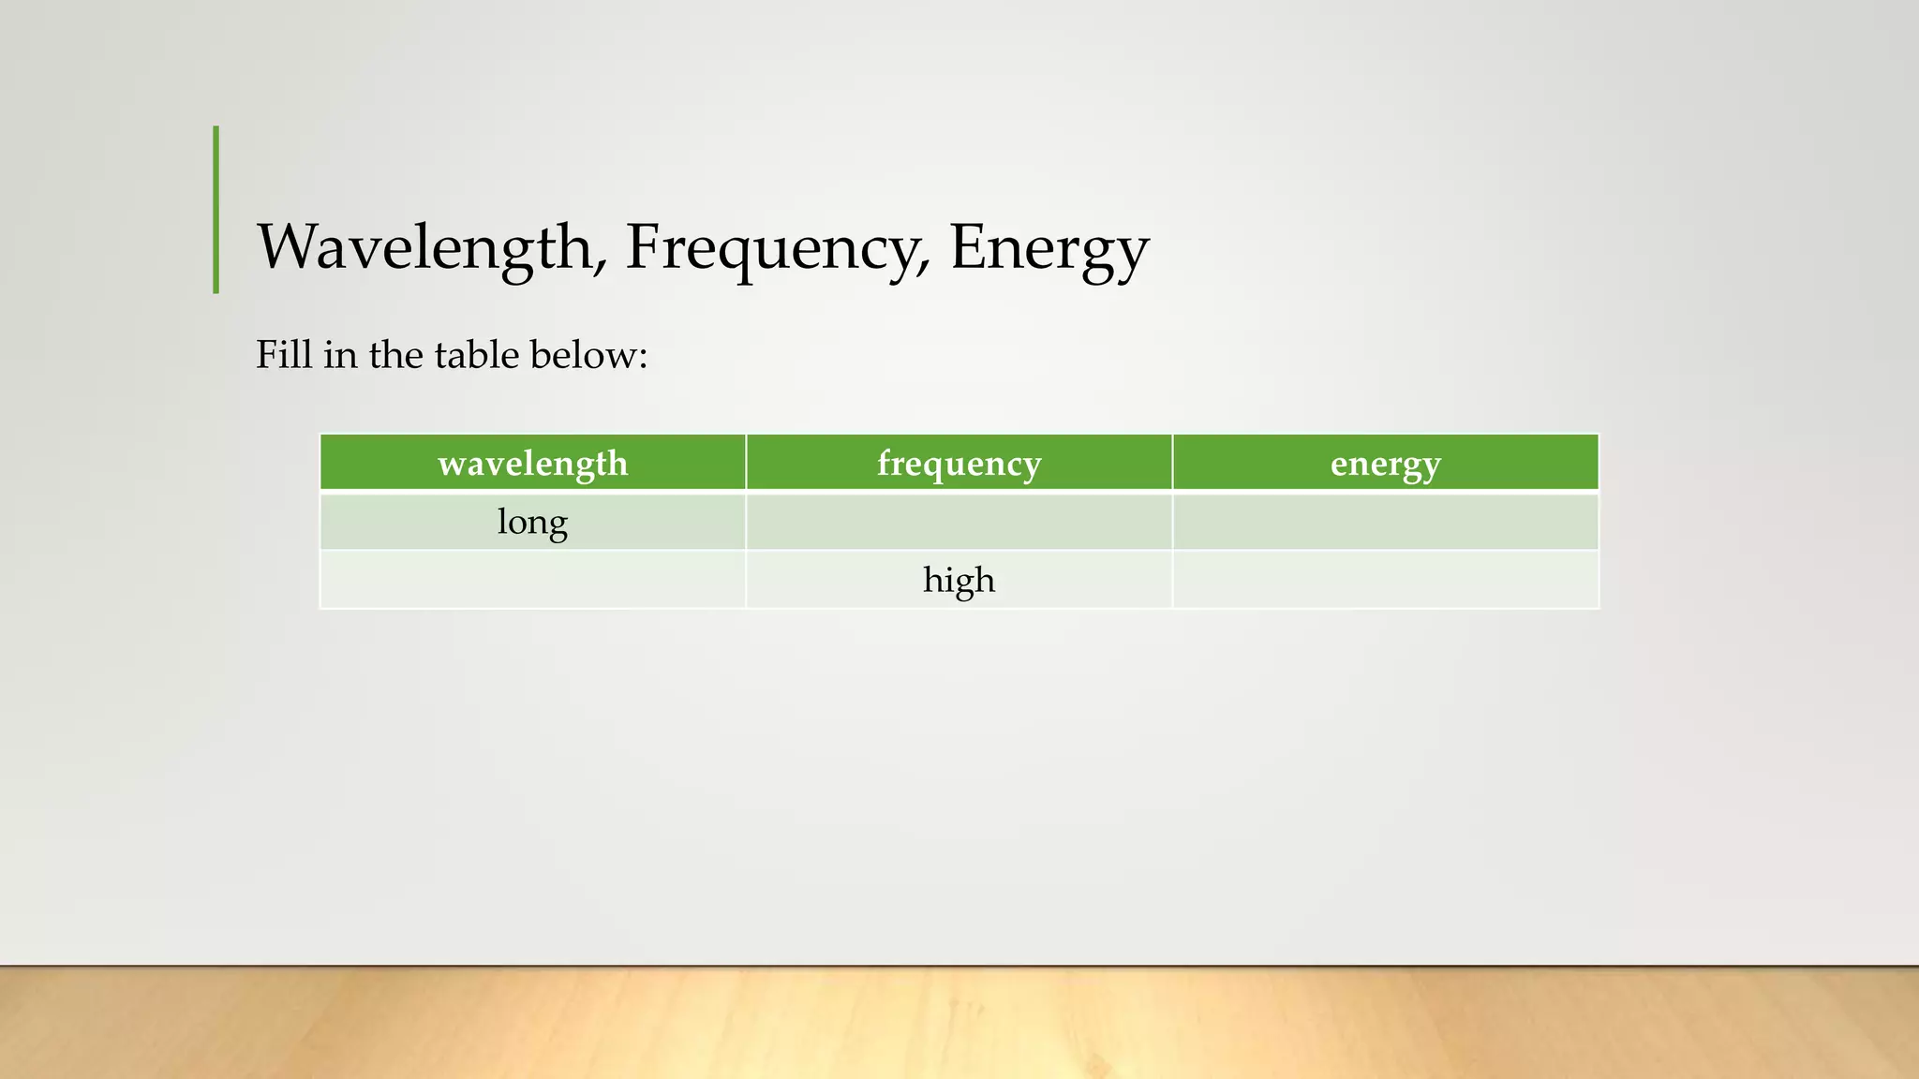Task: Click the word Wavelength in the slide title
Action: tap(424, 247)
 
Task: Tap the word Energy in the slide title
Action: tap(1049, 249)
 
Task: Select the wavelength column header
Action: tap(532, 463)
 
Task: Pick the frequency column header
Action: tap(959, 463)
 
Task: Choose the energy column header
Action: tap(1385, 463)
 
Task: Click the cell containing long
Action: tap(532, 522)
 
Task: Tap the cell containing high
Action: tap(959, 580)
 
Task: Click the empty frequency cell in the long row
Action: tap(959, 522)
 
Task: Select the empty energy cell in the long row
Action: tap(1385, 522)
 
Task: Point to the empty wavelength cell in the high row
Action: tap(532, 580)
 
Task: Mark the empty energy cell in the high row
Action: tap(1385, 580)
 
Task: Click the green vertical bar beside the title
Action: tap(216, 210)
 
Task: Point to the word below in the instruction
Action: tap(582, 355)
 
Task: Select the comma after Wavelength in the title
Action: tap(600, 268)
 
